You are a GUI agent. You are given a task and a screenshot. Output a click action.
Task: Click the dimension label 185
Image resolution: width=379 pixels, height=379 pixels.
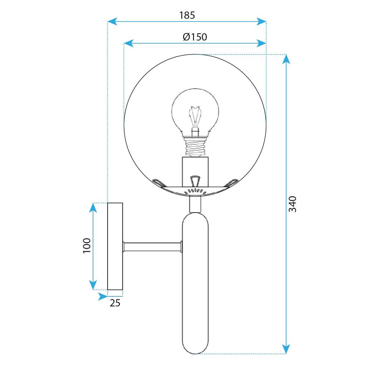187,16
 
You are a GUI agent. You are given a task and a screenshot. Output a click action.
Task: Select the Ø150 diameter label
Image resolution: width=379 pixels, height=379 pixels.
194,37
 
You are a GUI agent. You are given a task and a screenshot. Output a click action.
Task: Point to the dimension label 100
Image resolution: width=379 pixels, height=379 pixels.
87,246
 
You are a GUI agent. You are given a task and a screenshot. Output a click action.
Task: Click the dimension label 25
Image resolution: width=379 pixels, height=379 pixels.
115,302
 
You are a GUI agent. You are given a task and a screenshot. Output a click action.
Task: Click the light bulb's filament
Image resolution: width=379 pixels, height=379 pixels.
195,117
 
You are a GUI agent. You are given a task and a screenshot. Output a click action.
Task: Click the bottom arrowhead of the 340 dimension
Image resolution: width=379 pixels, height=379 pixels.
286,349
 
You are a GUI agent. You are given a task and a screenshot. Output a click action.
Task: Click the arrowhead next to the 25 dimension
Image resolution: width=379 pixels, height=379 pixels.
102,296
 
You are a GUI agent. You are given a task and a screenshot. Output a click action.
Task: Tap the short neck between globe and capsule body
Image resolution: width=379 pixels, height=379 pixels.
195,205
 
